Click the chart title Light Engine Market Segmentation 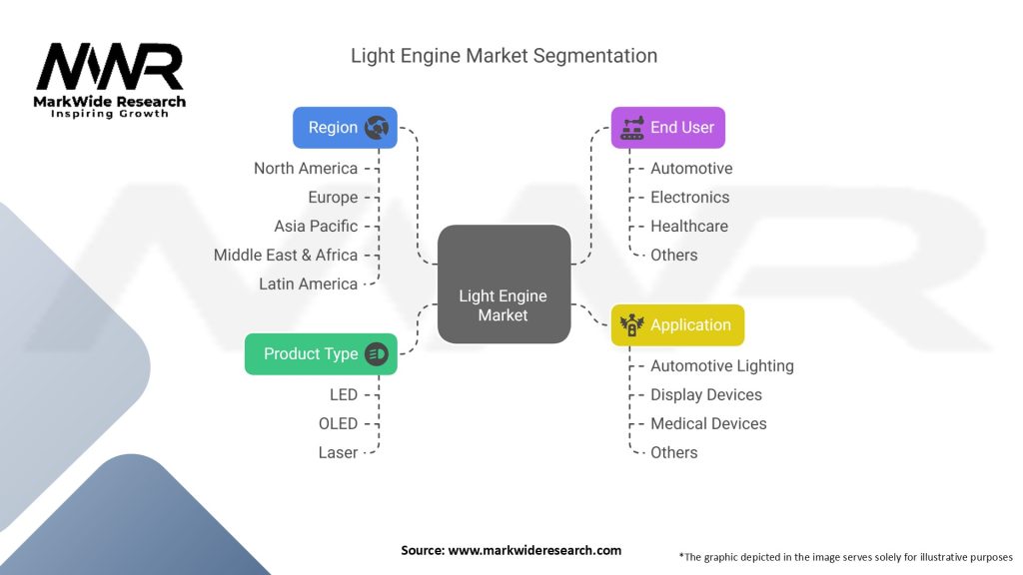tap(504, 56)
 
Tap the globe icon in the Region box tap(377, 128)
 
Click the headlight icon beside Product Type tap(377, 353)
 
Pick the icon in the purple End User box tap(631, 128)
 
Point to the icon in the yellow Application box tap(631, 325)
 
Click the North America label tap(306, 169)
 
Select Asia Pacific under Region tap(316, 227)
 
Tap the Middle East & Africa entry tap(286, 256)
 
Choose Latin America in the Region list tap(308, 285)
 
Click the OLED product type tap(338, 424)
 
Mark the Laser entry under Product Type tap(338, 453)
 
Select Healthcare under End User tap(689, 227)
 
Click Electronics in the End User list tap(690, 198)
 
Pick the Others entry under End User tap(674, 256)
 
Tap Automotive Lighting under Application tap(722, 366)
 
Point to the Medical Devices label tap(708, 424)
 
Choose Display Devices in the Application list tap(706, 395)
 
